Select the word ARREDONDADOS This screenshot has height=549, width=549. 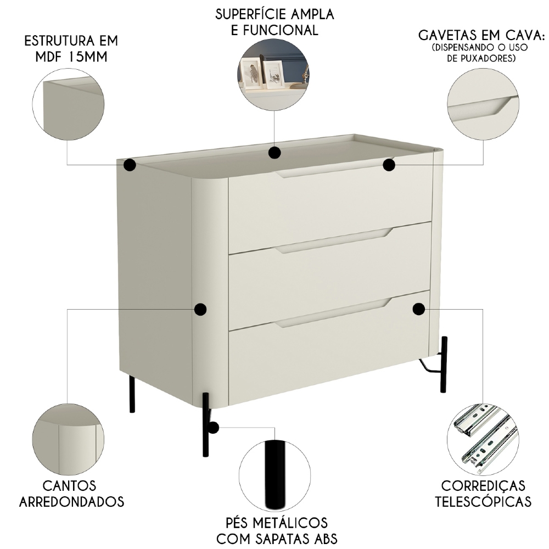pyautogui.click(x=71, y=501)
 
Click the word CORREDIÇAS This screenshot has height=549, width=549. pyautogui.click(x=483, y=486)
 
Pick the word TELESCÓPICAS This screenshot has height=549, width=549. pyautogui.click(x=483, y=501)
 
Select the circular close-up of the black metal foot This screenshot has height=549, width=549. pyautogui.click(x=275, y=475)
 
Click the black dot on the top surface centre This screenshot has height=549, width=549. pyautogui.click(x=275, y=152)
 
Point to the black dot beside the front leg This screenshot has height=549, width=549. pyautogui.click(x=213, y=427)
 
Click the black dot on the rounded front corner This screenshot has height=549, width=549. pyautogui.click(x=200, y=309)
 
